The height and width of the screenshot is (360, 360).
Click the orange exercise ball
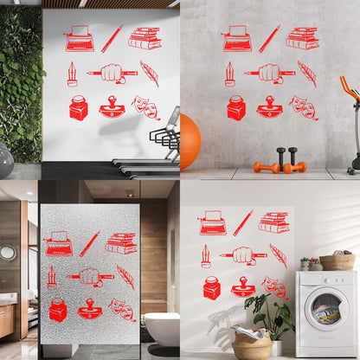188,141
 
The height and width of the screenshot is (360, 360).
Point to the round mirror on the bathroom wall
8,253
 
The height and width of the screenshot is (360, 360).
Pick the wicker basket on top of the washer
337,260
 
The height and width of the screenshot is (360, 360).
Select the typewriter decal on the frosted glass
59,243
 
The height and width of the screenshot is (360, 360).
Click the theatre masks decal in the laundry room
274,286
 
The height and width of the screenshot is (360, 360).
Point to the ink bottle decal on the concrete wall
236,107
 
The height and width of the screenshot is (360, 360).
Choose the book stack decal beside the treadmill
145,38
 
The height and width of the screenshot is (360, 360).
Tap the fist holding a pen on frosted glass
89,277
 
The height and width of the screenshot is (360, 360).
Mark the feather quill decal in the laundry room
278,254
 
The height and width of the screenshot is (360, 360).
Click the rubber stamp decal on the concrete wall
270,107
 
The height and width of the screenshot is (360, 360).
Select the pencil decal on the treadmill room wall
112,38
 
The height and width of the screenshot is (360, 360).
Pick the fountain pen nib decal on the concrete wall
229,74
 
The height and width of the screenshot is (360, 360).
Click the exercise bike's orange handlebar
349,87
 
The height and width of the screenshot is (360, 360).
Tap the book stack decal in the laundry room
274,222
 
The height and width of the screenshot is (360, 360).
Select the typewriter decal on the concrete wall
237,38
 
